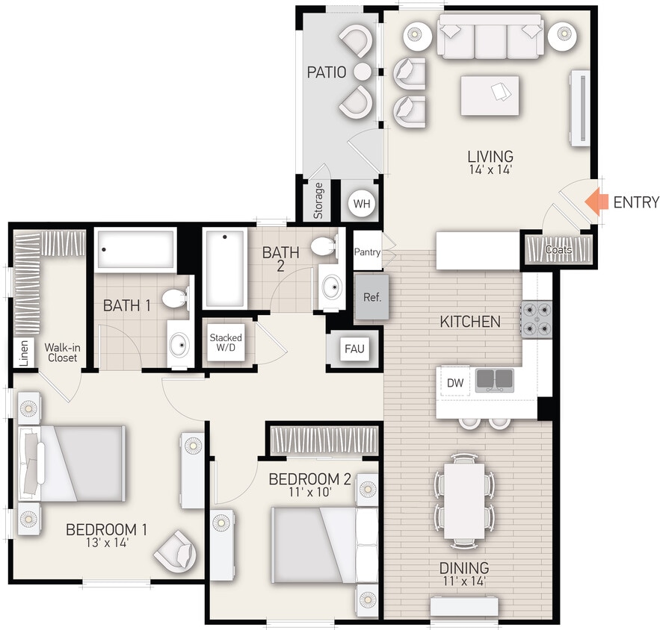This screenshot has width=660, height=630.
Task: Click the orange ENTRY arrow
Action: coord(596,202)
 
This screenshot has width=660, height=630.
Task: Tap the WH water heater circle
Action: coord(362,203)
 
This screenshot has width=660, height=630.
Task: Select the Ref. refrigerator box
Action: coord(371,297)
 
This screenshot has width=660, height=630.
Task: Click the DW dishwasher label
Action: coord(455,382)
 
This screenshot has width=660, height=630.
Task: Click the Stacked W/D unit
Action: coord(226,343)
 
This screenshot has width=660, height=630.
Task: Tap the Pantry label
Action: coord(367,252)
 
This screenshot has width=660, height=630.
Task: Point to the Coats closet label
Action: coord(558,249)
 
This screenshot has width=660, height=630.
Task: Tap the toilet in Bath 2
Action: coord(325,246)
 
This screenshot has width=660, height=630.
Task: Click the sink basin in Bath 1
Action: coord(179,345)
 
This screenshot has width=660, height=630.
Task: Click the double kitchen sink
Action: coord(493,379)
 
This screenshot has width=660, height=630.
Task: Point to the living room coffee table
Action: coord(490,95)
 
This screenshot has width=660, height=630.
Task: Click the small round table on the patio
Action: coord(362,72)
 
